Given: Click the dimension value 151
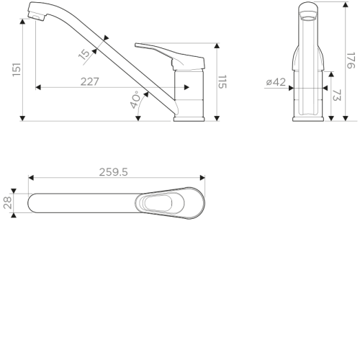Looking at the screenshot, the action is pos(17,70).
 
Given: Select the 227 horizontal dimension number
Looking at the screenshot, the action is pos(89,81).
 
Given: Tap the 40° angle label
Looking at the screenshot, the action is pos(135,99).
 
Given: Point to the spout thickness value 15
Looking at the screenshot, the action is pos(84,55).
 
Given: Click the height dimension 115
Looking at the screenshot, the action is pos(222,81).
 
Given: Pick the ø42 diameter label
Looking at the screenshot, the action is pos(276,82).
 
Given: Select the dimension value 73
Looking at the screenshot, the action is pos(336,95).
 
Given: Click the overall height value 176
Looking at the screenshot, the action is pos(351,60).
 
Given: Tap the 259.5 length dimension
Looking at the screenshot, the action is pos(113,172).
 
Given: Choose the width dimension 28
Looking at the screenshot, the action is pos(7,203).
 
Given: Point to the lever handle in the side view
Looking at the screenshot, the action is pos(170,56).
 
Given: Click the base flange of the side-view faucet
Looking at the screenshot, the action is pos(189,119).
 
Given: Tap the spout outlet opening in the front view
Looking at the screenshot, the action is pos(308,18).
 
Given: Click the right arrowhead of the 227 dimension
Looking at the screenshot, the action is pos(186,87).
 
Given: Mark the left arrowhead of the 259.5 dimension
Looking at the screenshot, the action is pos(31,178).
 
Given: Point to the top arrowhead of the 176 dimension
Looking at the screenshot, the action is pos(346,4).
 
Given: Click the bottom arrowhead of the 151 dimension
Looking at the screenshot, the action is pos(22,118).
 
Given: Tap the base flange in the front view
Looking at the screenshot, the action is pos(308,119).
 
